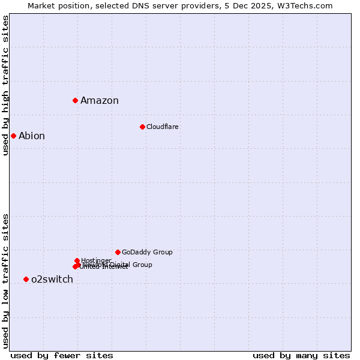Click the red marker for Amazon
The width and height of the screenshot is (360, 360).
tap(75, 100)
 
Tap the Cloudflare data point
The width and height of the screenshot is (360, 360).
tap(142, 127)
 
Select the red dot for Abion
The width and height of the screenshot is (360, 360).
tap(13, 136)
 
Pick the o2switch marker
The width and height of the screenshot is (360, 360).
tap(26, 279)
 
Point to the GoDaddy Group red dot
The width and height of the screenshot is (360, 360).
tap(118, 252)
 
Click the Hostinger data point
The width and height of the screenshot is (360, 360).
tap(77, 260)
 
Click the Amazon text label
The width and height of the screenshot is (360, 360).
tap(100, 101)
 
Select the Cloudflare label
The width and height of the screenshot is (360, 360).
tap(163, 127)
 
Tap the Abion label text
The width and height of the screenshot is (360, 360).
tap(32, 136)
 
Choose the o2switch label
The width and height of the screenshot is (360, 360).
tap(52, 280)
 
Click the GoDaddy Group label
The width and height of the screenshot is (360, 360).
tap(147, 252)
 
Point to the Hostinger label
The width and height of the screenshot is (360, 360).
tap(96, 260)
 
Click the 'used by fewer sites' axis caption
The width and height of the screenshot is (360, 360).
tap(62, 355)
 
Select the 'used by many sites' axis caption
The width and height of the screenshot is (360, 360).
tap(301, 355)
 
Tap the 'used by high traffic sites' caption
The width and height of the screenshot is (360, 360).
tap(5, 85)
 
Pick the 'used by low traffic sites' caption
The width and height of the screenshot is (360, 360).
tap(5, 280)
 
